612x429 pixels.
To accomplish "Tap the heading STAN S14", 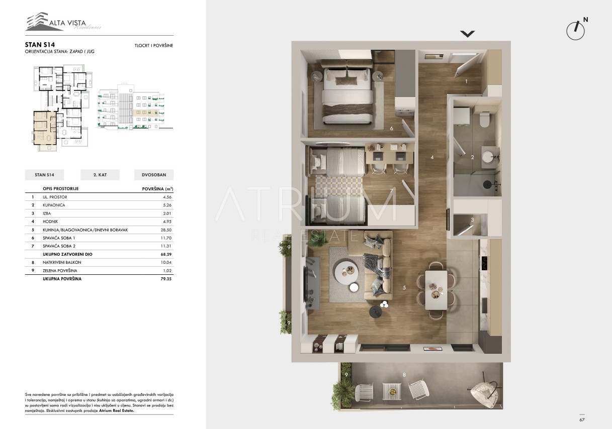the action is point(40,45).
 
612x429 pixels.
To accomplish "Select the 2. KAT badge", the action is point(100,175).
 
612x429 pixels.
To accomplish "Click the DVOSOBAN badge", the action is point(154,175).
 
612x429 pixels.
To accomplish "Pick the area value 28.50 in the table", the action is point(166,230).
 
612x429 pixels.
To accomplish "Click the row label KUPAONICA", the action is point(54,205).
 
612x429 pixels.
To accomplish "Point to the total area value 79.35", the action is point(166,279).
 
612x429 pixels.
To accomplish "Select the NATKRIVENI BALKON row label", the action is point(62,262).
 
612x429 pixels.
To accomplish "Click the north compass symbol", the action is point(576,30).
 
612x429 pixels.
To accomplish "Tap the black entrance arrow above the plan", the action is point(468,34).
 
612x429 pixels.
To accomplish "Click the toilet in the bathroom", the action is point(485,119).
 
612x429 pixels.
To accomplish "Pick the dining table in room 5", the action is point(436,290).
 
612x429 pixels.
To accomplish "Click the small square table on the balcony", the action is point(392,391).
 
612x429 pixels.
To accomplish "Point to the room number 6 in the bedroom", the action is point(392,128).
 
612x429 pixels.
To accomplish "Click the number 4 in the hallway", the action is point(432,157).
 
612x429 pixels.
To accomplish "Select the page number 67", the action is point(582,419).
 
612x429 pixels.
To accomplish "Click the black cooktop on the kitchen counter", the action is point(484,263).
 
